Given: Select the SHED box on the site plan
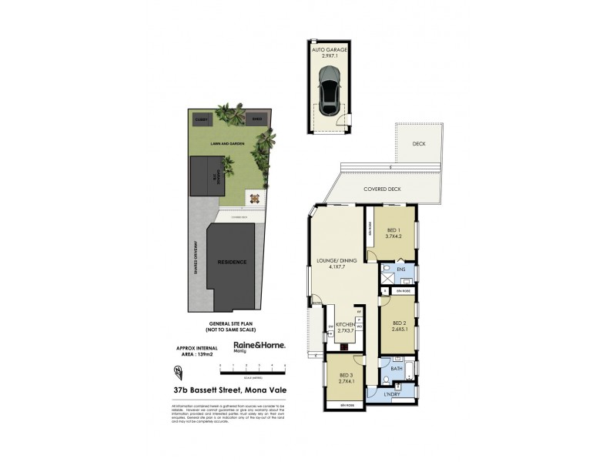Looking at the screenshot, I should click(x=253, y=120).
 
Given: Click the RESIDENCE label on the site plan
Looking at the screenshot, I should click(x=233, y=263).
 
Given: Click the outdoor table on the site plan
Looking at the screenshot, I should click(x=253, y=198).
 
